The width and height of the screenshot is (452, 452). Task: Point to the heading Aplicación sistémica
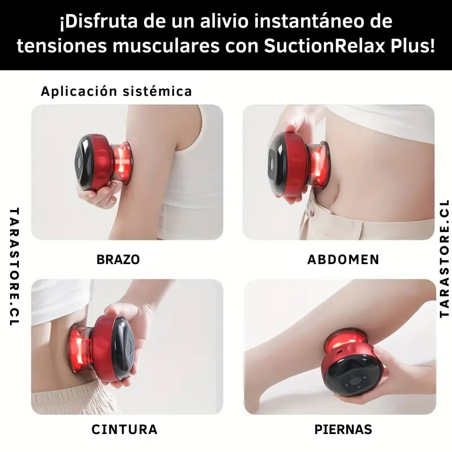pos(116,91)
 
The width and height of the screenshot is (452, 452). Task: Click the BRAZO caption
pos(118,259)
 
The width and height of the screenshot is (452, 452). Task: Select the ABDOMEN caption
pos(343,259)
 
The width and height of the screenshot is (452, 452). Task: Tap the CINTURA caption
pos(124,429)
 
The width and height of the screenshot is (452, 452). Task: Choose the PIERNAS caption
pos(343,429)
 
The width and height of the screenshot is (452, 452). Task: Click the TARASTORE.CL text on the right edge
pos(444,258)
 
